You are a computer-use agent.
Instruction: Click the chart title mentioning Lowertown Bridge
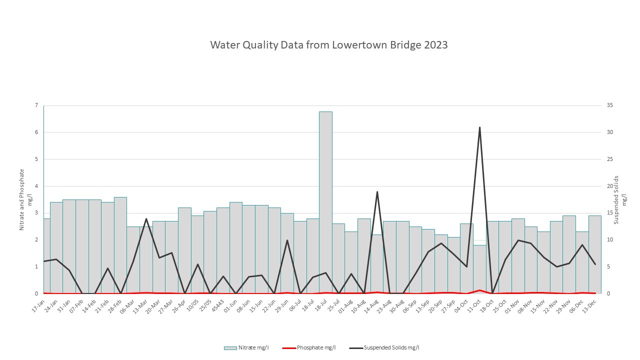(x=328, y=45)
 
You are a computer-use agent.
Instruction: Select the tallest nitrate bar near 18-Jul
(x=325, y=200)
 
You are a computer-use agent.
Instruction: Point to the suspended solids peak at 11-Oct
(x=479, y=127)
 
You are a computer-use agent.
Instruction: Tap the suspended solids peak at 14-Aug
(x=377, y=192)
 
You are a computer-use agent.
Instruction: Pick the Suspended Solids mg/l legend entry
(x=387, y=347)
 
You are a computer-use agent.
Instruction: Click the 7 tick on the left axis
(x=36, y=105)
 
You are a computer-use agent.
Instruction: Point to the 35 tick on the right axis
(x=610, y=105)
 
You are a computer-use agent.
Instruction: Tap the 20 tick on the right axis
(x=610, y=186)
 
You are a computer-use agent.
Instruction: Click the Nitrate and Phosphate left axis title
(x=25, y=199)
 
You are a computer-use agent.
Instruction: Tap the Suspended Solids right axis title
(x=619, y=199)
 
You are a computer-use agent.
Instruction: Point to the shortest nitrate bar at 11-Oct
(x=479, y=270)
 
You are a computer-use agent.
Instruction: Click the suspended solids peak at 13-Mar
(x=146, y=219)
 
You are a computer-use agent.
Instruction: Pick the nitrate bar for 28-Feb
(x=120, y=245)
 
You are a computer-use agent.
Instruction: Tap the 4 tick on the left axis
(x=36, y=186)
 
